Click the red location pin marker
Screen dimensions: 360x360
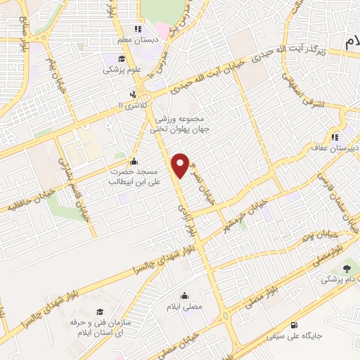pos(181,165)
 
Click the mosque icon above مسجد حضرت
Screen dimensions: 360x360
pos(134,161)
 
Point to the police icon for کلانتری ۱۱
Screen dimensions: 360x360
pos(133,94)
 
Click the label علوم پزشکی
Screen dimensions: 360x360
pos(122,70)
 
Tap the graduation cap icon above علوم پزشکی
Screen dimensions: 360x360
pos(122,58)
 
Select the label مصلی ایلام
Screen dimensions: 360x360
pos(186,307)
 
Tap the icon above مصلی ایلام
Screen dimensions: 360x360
pos(184,295)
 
